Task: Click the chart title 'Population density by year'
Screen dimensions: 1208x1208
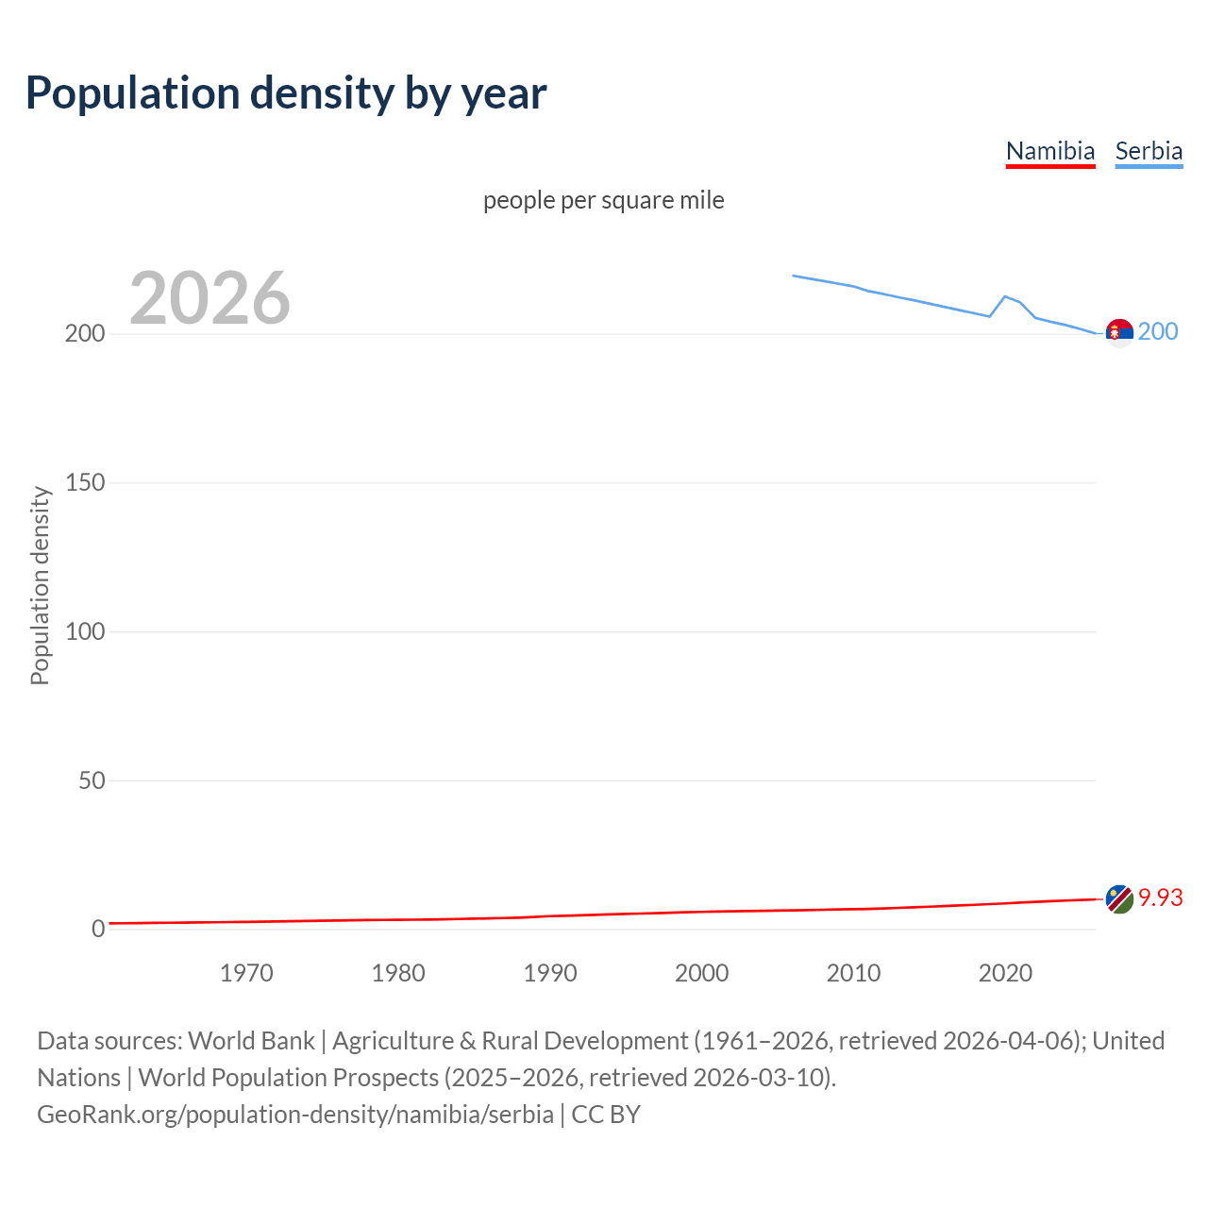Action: [x=286, y=92]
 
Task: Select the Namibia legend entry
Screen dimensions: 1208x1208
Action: [x=1050, y=151]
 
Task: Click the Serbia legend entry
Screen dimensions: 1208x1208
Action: [x=1149, y=151]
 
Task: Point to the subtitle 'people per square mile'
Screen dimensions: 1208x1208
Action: [x=604, y=200]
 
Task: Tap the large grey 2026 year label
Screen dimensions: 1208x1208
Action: [x=210, y=298]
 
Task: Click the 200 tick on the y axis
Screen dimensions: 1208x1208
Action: [x=85, y=334]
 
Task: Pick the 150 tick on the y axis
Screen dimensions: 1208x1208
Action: [x=85, y=483]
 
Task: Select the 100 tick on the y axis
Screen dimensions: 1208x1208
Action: [x=85, y=631]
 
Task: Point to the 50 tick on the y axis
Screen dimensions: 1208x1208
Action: [x=92, y=780]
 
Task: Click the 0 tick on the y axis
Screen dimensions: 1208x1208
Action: [x=98, y=930]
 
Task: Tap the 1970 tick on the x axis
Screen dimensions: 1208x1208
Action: [x=246, y=973]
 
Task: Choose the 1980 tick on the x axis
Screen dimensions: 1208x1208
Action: [x=398, y=973]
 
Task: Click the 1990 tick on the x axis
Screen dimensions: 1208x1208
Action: [x=550, y=973]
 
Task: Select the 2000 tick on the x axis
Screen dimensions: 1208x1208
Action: [x=702, y=973]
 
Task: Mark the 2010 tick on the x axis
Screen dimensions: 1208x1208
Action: [x=854, y=973]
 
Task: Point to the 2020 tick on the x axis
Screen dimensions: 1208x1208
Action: [x=1006, y=973]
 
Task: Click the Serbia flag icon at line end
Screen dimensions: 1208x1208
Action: [x=1119, y=333]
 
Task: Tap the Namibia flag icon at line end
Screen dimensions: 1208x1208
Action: [x=1119, y=899]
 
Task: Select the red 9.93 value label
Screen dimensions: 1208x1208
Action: [x=1161, y=898]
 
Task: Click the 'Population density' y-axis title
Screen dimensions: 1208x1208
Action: [x=40, y=585]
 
